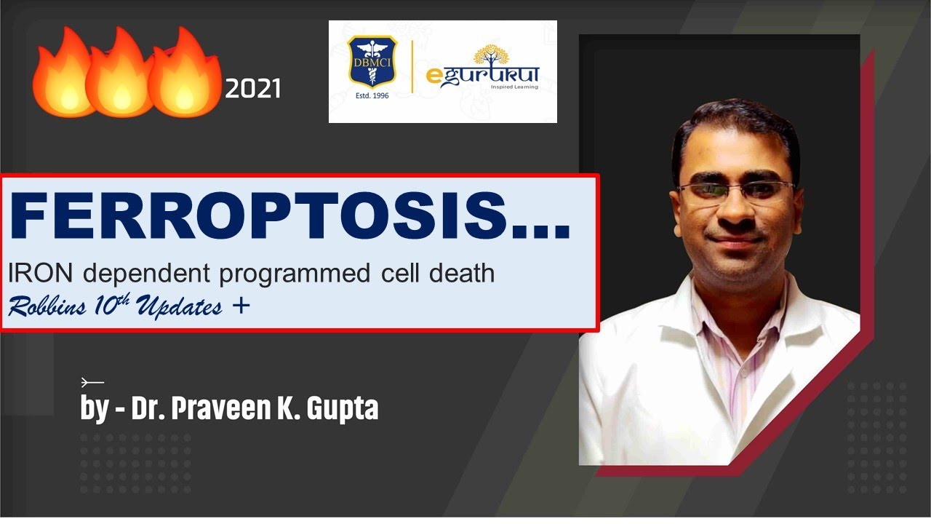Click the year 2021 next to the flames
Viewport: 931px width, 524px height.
[252, 89]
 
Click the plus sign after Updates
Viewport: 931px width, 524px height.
[241, 306]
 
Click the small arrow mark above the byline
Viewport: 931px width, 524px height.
[92, 381]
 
